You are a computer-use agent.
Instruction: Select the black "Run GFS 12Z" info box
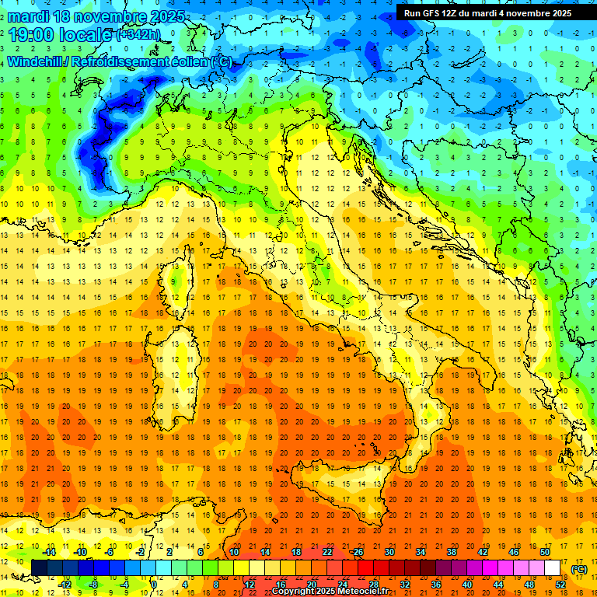pos(487,12)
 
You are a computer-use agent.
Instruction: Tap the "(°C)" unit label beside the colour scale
pos(578,569)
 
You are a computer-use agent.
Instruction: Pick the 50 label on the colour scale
pos(545,552)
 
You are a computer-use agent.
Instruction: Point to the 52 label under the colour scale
pos(560,585)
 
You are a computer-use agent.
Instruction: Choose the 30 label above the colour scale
pos(389,552)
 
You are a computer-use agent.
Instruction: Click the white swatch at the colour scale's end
pos(553,568)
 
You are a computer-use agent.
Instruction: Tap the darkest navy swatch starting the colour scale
pos(40,568)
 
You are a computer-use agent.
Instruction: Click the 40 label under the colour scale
pos(467,585)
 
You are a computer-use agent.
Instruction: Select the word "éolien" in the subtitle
pos(188,61)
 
